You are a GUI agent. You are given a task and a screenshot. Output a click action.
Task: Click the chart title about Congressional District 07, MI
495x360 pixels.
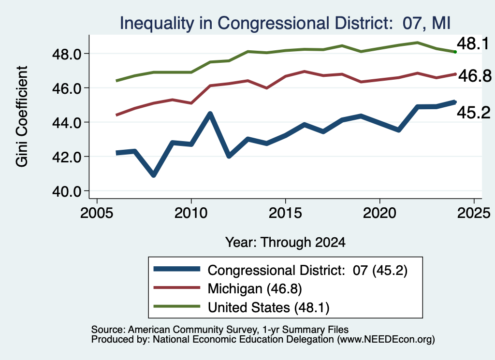(x=285, y=23)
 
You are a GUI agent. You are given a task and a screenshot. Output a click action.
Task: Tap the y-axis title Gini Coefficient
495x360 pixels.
(x=22, y=116)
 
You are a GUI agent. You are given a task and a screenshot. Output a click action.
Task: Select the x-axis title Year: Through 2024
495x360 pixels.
(x=285, y=242)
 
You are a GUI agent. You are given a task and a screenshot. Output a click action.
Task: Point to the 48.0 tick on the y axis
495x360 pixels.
(x=67, y=54)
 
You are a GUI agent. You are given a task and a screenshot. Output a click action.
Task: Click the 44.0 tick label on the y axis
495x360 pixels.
(x=67, y=123)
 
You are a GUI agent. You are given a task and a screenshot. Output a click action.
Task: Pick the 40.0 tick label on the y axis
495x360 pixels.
(x=67, y=191)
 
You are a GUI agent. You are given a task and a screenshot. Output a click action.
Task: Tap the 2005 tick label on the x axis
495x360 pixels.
(x=97, y=213)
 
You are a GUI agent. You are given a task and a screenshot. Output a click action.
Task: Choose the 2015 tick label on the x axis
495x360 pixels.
(x=285, y=213)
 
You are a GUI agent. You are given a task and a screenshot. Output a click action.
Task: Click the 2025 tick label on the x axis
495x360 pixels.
(x=474, y=213)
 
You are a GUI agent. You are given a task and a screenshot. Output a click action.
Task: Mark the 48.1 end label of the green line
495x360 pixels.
(x=473, y=43)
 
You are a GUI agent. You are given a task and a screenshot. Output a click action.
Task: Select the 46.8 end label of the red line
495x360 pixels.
(x=475, y=76)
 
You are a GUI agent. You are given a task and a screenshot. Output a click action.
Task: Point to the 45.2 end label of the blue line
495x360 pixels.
(x=474, y=113)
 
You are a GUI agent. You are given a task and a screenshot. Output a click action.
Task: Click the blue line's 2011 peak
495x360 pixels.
(x=210, y=113)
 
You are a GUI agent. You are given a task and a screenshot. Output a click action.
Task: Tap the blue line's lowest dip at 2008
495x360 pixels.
(x=153, y=175)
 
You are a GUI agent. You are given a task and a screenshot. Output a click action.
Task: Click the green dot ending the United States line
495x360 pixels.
(x=455, y=52)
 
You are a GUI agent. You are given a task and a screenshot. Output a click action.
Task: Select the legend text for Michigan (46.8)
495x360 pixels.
(x=255, y=288)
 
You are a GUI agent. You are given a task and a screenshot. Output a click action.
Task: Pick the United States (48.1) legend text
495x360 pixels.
(x=269, y=308)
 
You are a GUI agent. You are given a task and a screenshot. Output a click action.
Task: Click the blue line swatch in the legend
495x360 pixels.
(x=177, y=269)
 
